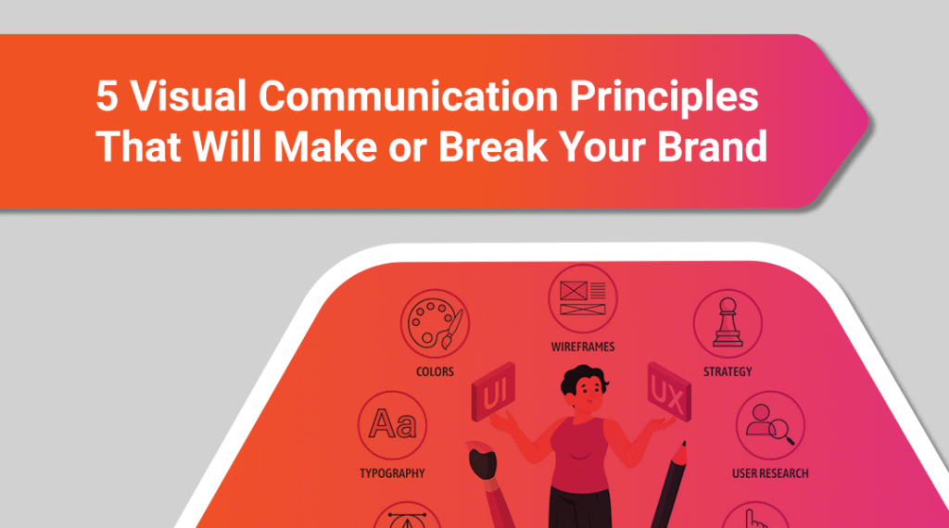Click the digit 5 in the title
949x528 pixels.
107,96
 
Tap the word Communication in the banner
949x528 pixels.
409,95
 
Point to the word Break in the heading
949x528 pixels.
493,145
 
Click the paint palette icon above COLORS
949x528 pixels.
435,323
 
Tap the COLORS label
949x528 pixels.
435,371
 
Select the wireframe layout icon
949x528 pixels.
582,299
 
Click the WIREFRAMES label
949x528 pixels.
582,346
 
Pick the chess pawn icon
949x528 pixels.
728,323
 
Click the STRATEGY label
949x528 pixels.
728,371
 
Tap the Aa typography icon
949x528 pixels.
392,425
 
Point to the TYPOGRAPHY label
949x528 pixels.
392,473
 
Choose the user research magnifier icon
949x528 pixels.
770,425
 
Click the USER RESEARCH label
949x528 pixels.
770,473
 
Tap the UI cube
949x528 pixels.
494,393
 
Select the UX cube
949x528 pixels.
669,393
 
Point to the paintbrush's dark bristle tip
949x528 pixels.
482,462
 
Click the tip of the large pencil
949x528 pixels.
684,443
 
